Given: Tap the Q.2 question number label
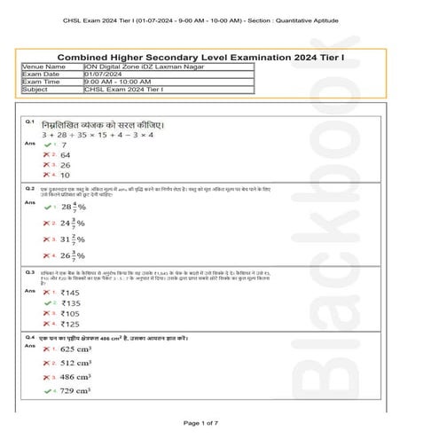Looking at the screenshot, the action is pyautogui.click(x=29, y=189).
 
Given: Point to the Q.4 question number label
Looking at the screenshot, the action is pyautogui.click(x=29, y=338).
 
